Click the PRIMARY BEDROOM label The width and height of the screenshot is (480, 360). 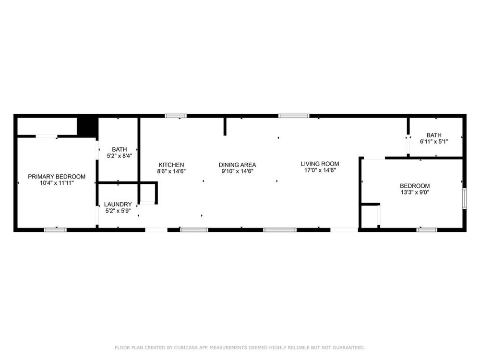(x=57, y=177)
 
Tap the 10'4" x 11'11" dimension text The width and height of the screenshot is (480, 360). (x=57, y=183)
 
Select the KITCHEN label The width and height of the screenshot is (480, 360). (x=171, y=165)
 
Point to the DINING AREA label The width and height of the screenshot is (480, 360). (x=237, y=165)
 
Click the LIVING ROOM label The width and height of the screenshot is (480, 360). (x=320, y=164)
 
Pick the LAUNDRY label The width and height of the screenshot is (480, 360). (x=118, y=204)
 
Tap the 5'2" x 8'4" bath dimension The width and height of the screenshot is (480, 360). (x=120, y=156)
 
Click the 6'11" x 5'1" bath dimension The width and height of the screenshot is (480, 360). (x=434, y=142)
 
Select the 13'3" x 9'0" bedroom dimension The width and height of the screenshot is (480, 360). (x=415, y=192)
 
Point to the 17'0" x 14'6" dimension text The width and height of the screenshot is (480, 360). (x=320, y=170)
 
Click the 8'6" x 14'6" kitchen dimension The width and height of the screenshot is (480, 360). (x=171, y=171)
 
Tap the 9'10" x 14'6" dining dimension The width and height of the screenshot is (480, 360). (x=237, y=171)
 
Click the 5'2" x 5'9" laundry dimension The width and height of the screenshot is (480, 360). (x=118, y=211)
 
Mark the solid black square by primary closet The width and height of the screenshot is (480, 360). (x=87, y=126)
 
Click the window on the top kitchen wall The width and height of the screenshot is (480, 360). (x=176, y=116)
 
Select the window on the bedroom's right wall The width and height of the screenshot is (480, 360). (x=464, y=199)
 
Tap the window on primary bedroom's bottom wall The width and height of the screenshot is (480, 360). (x=55, y=230)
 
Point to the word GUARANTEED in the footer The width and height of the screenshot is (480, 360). (x=349, y=348)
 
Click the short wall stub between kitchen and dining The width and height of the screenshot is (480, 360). (x=225, y=126)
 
